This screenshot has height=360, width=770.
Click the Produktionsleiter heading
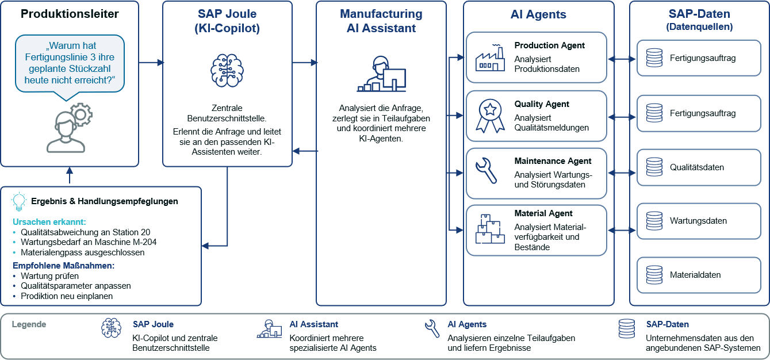click(70, 14)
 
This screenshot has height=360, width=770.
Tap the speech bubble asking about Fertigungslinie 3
click(70, 64)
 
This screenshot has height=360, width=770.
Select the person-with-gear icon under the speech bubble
click(70, 128)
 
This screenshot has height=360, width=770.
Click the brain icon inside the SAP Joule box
click(227, 71)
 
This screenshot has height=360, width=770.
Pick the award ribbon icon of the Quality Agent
click(490, 116)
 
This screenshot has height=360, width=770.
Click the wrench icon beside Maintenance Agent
click(486, 170)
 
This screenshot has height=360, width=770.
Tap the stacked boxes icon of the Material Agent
click(490, 229)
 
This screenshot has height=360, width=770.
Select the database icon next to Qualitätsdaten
click(654, 167)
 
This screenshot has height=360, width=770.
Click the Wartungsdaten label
click(698, 221)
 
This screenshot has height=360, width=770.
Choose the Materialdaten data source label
click(695, 275)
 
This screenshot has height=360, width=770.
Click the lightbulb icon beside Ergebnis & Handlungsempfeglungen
click(19, 201)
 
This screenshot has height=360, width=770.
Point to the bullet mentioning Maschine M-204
click(89, 242)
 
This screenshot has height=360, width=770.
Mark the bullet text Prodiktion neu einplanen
click(67, 296)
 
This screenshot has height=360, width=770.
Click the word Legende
click(29, 324)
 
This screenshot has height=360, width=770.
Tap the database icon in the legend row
click(627, 329)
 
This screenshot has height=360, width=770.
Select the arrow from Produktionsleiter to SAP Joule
click(151, 63)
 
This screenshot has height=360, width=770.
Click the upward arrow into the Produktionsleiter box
click(70, 175)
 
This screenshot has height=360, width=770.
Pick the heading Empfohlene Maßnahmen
click(64, 266)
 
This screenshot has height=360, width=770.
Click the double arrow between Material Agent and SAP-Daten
click(622, 230)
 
